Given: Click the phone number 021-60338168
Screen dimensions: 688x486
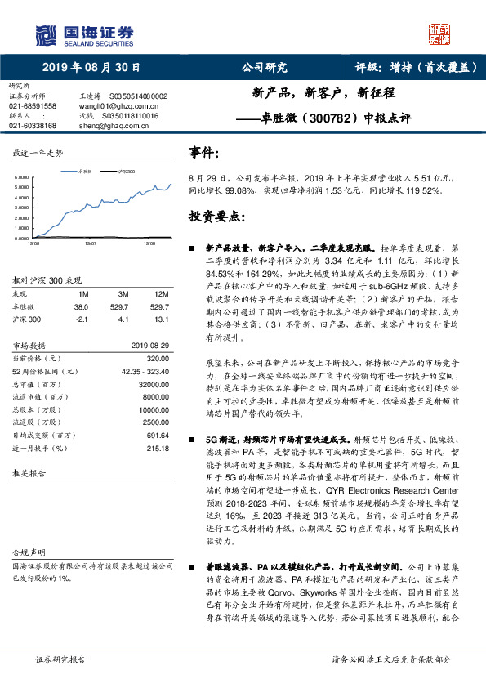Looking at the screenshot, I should [x=33, y=126].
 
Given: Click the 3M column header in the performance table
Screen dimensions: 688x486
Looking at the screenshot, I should [x=124, y=293].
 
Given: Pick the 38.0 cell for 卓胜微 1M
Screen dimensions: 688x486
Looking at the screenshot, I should [x=81, y=306].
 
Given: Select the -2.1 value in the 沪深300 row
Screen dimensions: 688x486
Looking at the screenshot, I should [x=81, y=319].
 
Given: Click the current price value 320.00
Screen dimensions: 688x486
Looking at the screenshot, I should [x=158, y=359].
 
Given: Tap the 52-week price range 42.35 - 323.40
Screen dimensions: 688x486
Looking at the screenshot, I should [x=142, y=372].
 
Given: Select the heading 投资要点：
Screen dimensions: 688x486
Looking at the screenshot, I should [x=217, y=217].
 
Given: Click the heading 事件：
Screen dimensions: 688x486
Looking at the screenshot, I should [x=204, y=153].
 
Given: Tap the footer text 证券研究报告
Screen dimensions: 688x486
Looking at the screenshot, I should [x=60, y=659].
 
